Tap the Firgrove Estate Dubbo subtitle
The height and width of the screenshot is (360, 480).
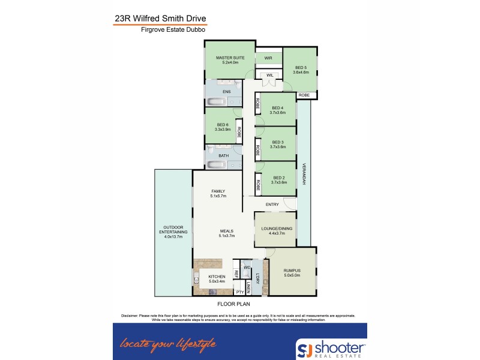point(160,29)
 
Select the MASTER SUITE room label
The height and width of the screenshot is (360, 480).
point(230,58)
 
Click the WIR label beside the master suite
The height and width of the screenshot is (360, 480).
point(268,58)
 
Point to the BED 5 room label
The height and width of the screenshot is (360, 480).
point(301,67)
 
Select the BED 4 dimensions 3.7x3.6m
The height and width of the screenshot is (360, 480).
point(278,112)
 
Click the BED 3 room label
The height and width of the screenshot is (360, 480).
point(278,143)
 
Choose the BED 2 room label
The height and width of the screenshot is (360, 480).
point(278,178)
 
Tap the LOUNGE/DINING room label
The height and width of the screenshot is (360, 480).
point(274,229)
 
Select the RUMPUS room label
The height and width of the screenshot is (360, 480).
point(292,271)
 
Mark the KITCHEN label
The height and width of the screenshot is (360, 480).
point(217,277)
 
